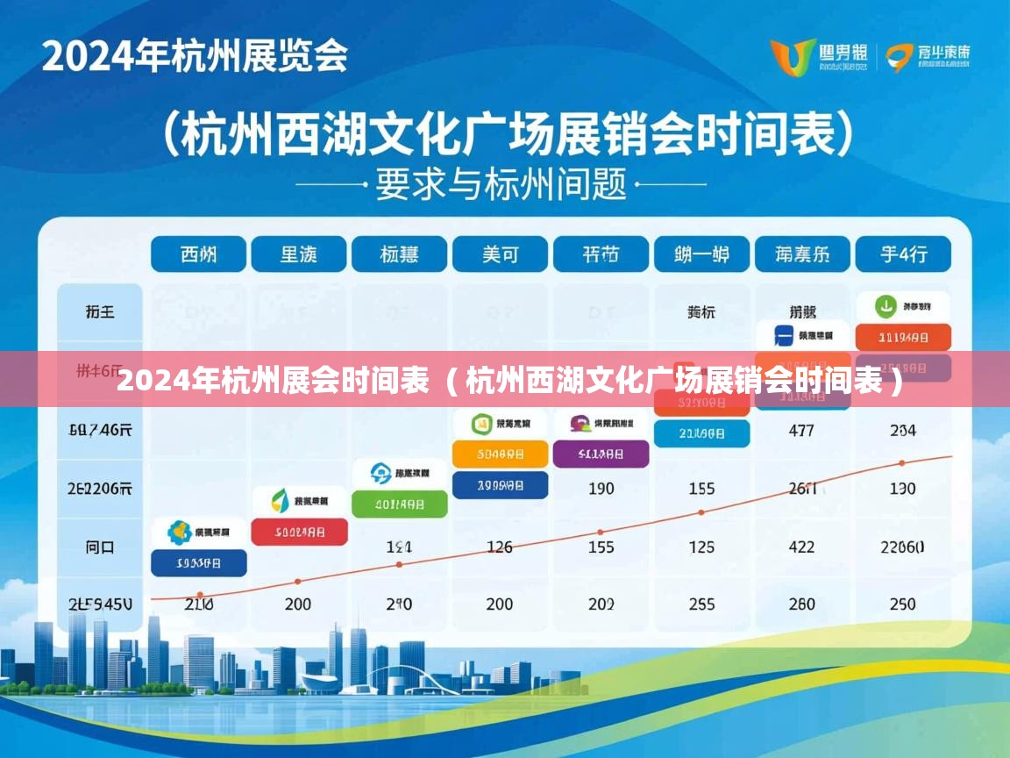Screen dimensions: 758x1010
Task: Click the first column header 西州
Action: pyautogui.click(x=198, y=254)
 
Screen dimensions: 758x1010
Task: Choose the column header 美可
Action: pyautogui.click(x=500, y=254)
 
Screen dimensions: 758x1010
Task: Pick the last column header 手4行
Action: pyautogui.click(x=903, y=254)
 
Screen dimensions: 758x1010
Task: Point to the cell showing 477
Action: pyautogui.click(x=801, y=431)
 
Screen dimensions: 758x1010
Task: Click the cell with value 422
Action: pyautogui.click(x=801, y=547)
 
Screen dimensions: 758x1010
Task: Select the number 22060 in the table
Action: pyautogui.click(x=902, y=547)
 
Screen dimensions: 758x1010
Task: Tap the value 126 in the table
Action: pyautogui.click(x=500, y=547)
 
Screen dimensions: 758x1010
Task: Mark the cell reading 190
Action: pyautogui.click(x=601, y=489)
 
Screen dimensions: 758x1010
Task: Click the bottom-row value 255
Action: pyautogui.click(x=701, y=604)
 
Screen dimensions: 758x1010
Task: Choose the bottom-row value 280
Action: pyautogui.click(x=801, y=604)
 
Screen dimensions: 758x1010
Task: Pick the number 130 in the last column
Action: pyautogui.click(x=902, y=489)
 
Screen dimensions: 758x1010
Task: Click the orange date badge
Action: pyautogui.click(x=500, y=454)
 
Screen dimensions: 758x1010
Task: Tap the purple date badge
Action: pyautogui.click(x=601, y=454)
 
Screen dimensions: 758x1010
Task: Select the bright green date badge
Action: pyautogui.click(x=400, y=504)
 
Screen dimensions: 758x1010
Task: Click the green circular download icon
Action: pyautogui.click(x=886, y=307)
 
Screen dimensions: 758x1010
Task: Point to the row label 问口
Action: pyautogui.click(x=100, y=547)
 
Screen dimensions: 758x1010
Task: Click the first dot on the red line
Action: pyautogui.click(x=201, y=595)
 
